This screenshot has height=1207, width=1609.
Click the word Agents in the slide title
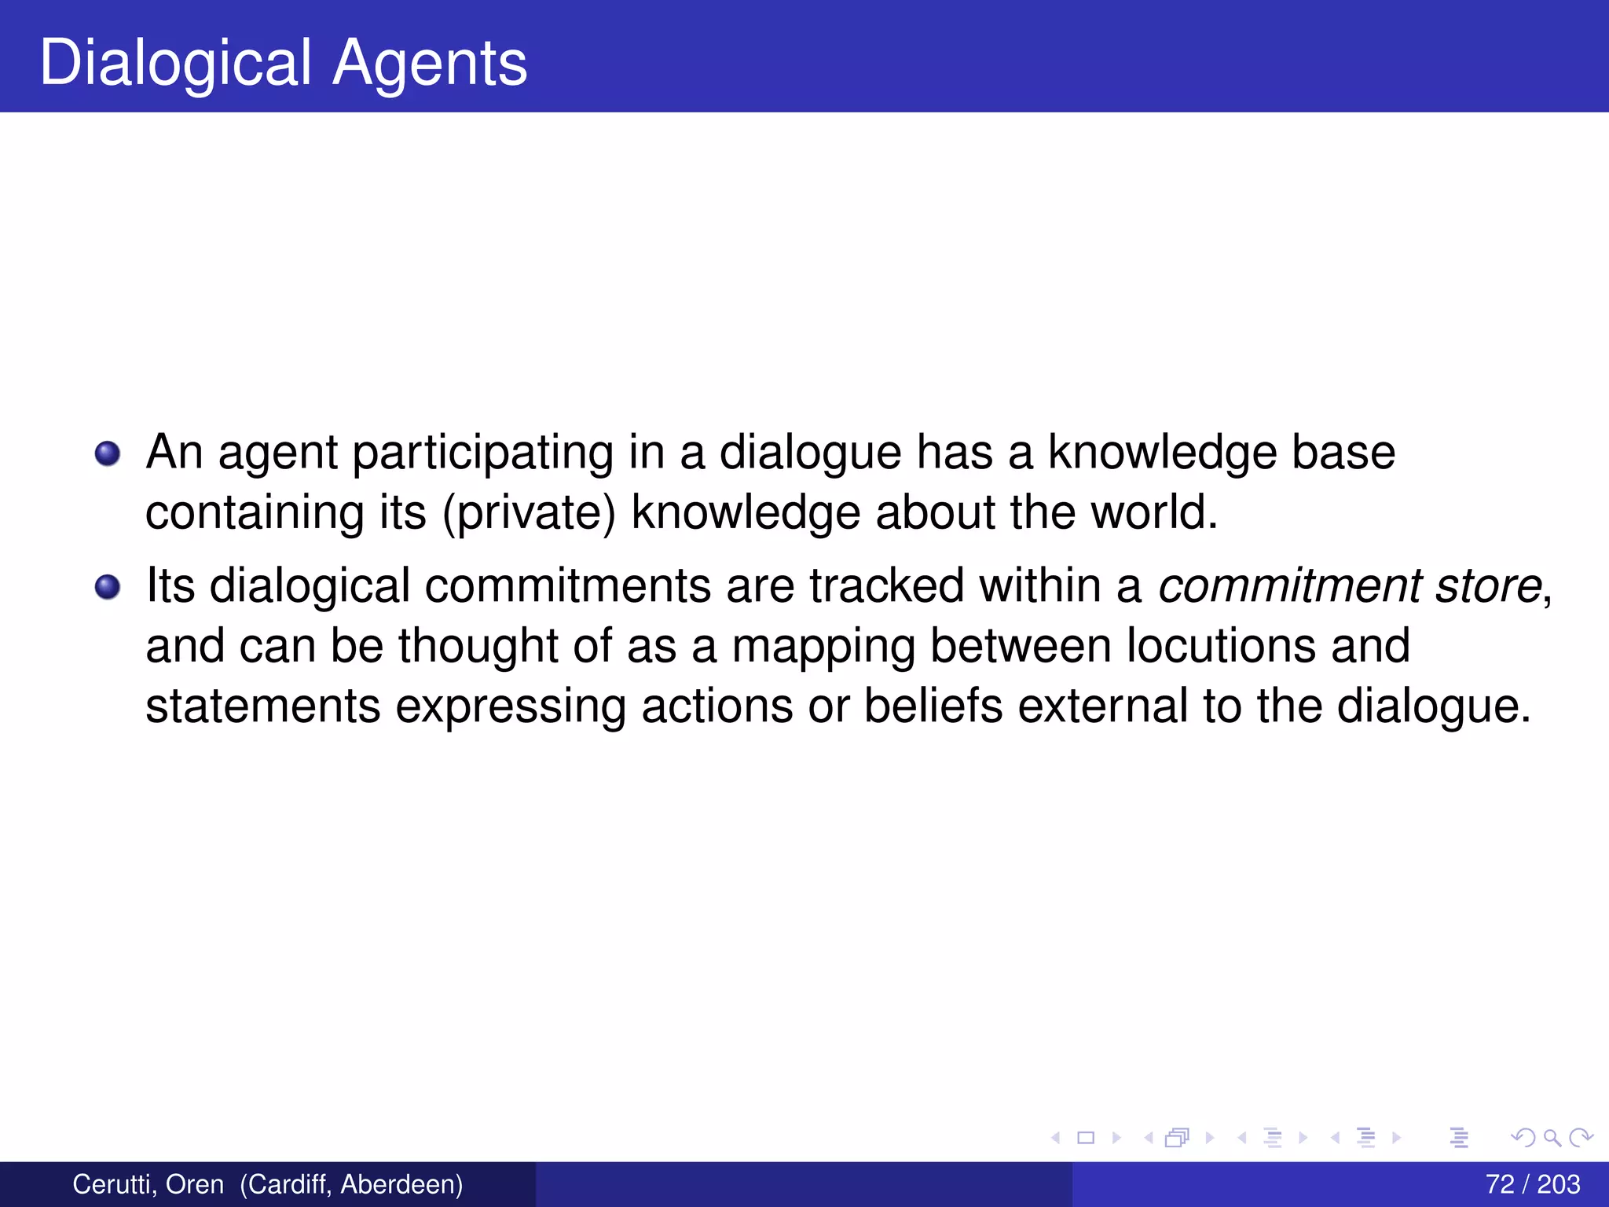[x=430, y=63]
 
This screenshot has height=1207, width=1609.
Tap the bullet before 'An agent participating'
[x=108, y=453]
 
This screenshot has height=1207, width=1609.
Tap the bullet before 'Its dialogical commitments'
[x=108, y=587]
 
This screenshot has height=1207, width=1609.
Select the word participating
[x=482, y=453]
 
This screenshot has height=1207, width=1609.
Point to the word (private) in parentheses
[x=529, y=513]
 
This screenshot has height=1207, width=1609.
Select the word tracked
[x=886, y=586]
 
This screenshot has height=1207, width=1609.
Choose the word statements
[x=263, y=706]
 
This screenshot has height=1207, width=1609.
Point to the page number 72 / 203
[x=1532, y=1184]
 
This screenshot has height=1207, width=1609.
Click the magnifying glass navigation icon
[x=1552, y=1137]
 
